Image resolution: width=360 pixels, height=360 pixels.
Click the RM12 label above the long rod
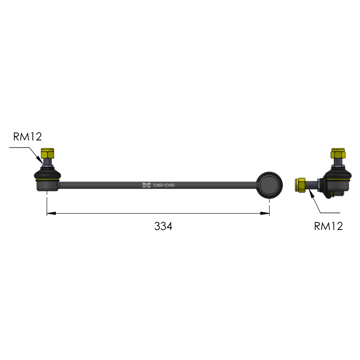(x=27, y=137)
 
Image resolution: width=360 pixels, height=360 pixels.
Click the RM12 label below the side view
(x=328, y=226)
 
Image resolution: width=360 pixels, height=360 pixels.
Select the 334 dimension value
(x=163, y=226)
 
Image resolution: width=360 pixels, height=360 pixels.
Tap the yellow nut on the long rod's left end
(x=47, y=153)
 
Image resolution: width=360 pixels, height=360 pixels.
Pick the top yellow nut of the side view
(x=338, y=153)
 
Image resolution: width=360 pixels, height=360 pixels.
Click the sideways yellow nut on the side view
(x=300, y=185)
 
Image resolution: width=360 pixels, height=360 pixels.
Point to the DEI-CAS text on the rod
(x=164, y=185)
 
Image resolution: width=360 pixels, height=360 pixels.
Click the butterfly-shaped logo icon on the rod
(x=147, y=185)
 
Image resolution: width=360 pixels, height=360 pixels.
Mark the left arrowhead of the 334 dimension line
(x=51, y=213)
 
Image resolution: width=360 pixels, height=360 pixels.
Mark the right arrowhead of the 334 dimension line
(x=265, y=213)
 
